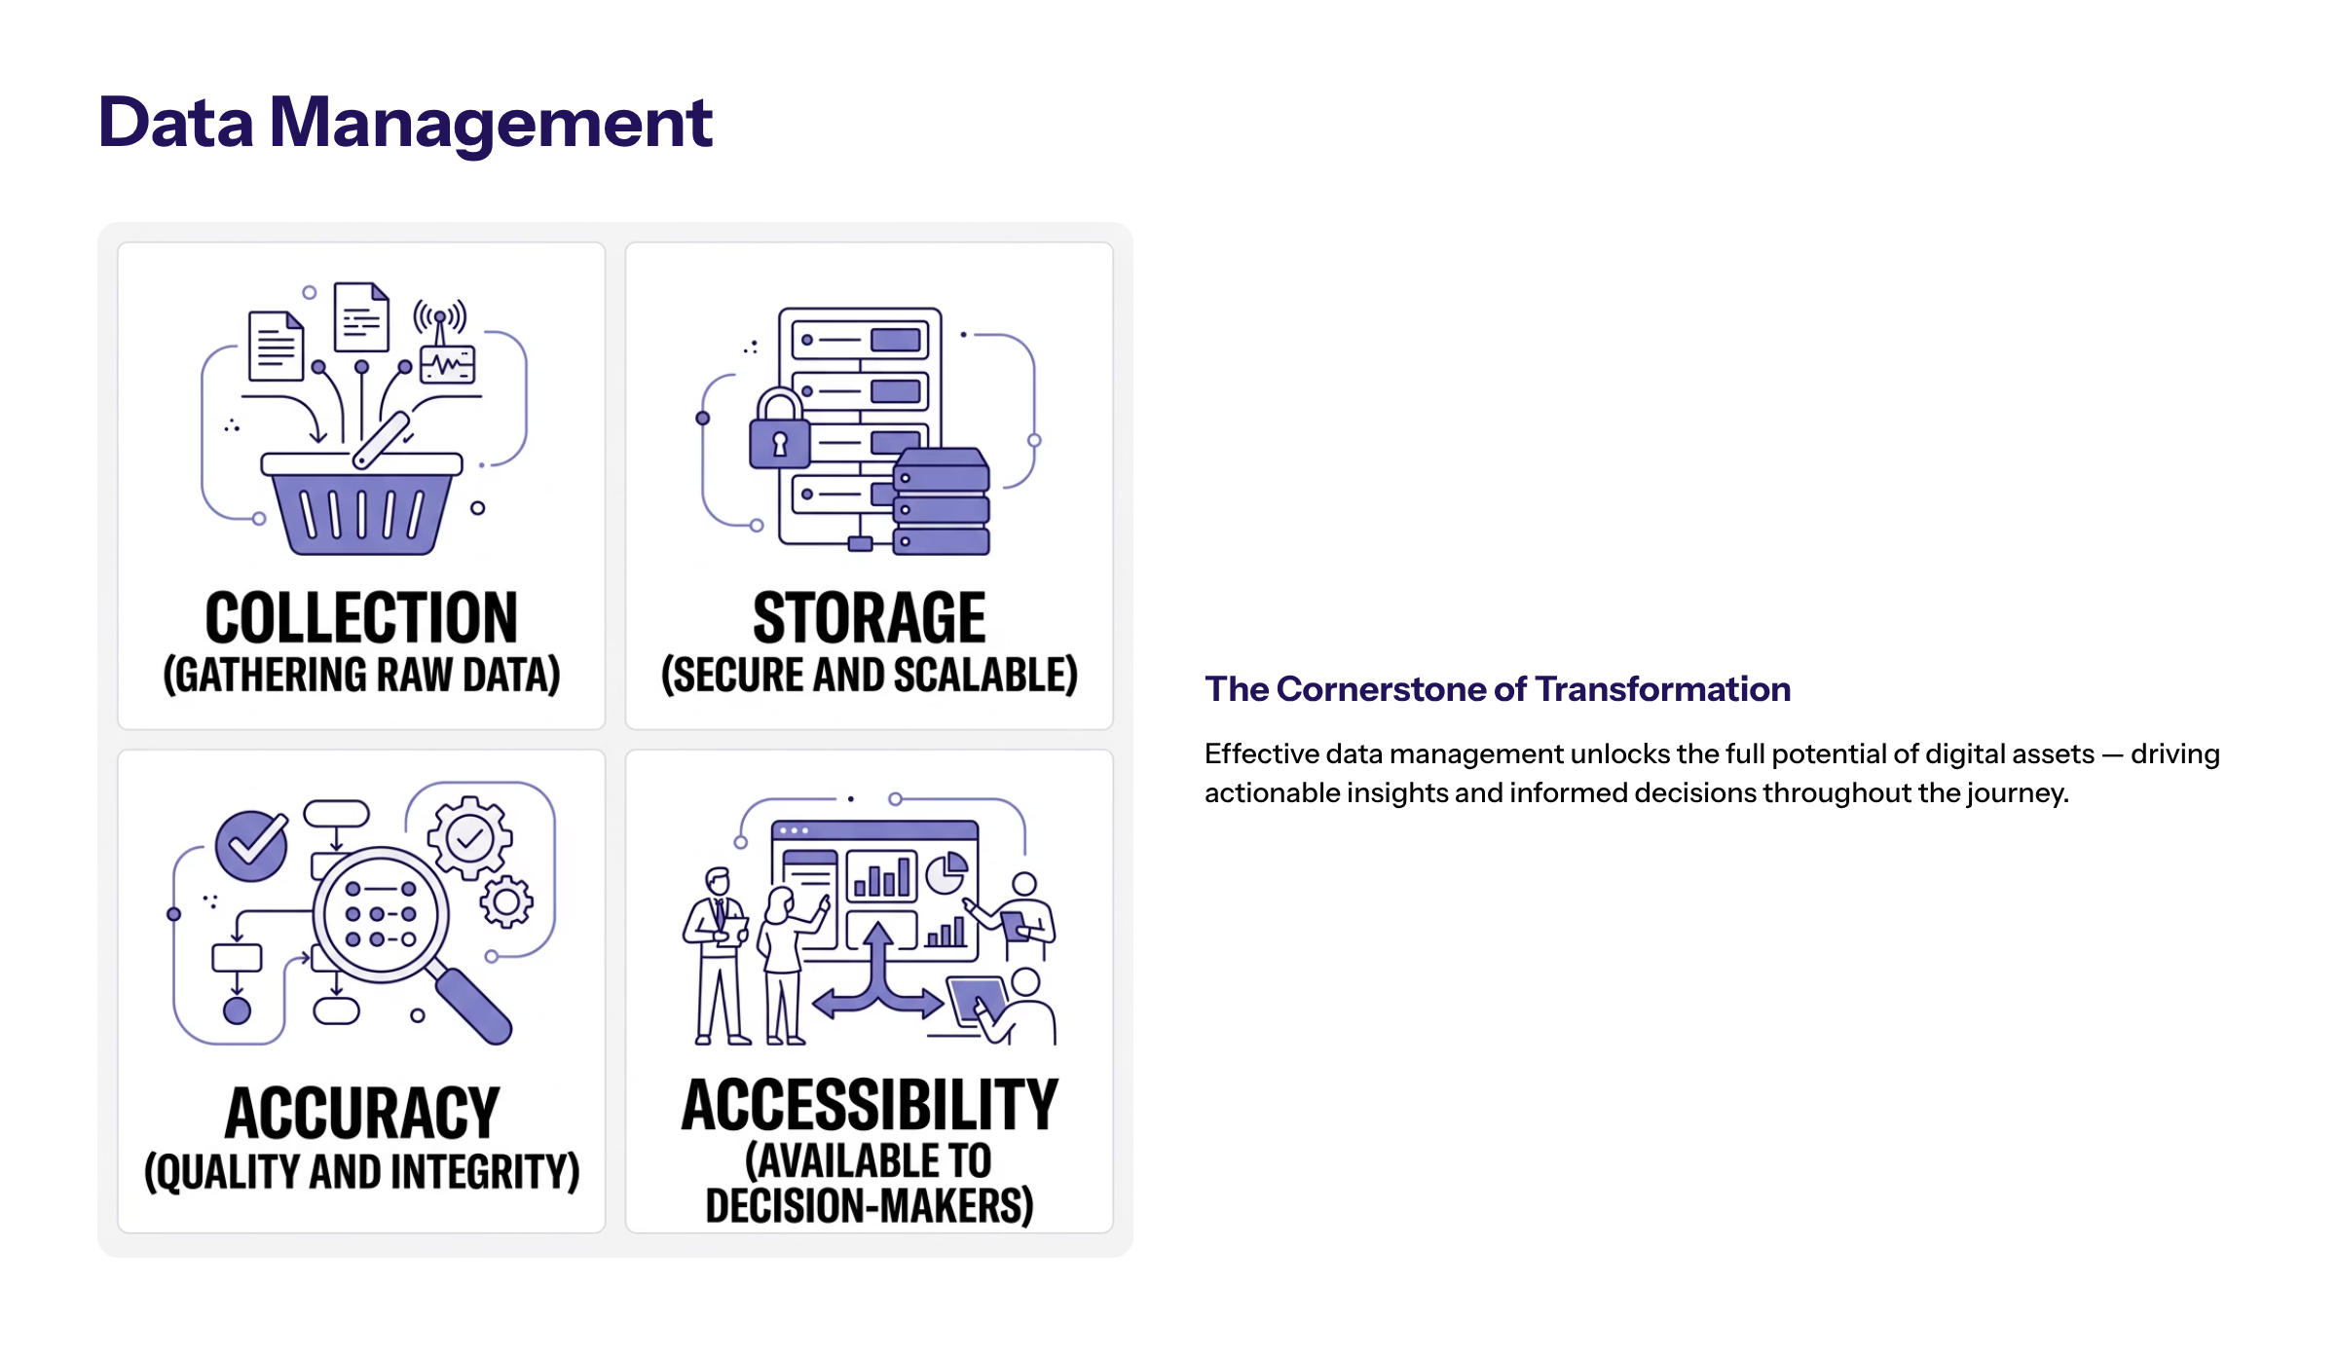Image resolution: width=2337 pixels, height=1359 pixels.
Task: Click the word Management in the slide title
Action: click(490, 124)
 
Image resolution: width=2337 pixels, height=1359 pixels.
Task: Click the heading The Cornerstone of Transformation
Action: click(1497, 689)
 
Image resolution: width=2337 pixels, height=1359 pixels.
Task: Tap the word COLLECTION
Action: click(361, 618)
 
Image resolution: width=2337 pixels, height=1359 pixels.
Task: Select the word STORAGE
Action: click(869, 618)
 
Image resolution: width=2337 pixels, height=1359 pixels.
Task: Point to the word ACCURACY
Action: click(361, 1114)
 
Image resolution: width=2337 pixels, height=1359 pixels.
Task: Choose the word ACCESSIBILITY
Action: click(869, 1106)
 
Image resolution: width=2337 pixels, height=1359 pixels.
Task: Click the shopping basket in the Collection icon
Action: click(361, 506)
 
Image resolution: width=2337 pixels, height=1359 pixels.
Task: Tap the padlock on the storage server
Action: click(779, 433)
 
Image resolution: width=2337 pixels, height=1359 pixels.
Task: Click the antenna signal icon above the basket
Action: click(440, 316)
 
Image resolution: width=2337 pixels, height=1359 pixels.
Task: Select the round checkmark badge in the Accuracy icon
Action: click(251, 845)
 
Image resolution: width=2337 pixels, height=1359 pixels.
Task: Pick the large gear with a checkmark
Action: click(470, 838)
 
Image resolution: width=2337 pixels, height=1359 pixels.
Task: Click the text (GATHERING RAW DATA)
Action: click(361, 676)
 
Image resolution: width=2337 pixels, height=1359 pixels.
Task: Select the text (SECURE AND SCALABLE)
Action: click(869, 676)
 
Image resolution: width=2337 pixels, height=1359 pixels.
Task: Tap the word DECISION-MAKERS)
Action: click(869, 1206)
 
